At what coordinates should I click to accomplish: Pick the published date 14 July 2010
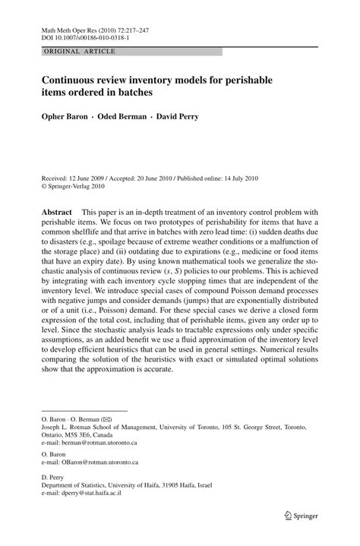click(x=235, y=178)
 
